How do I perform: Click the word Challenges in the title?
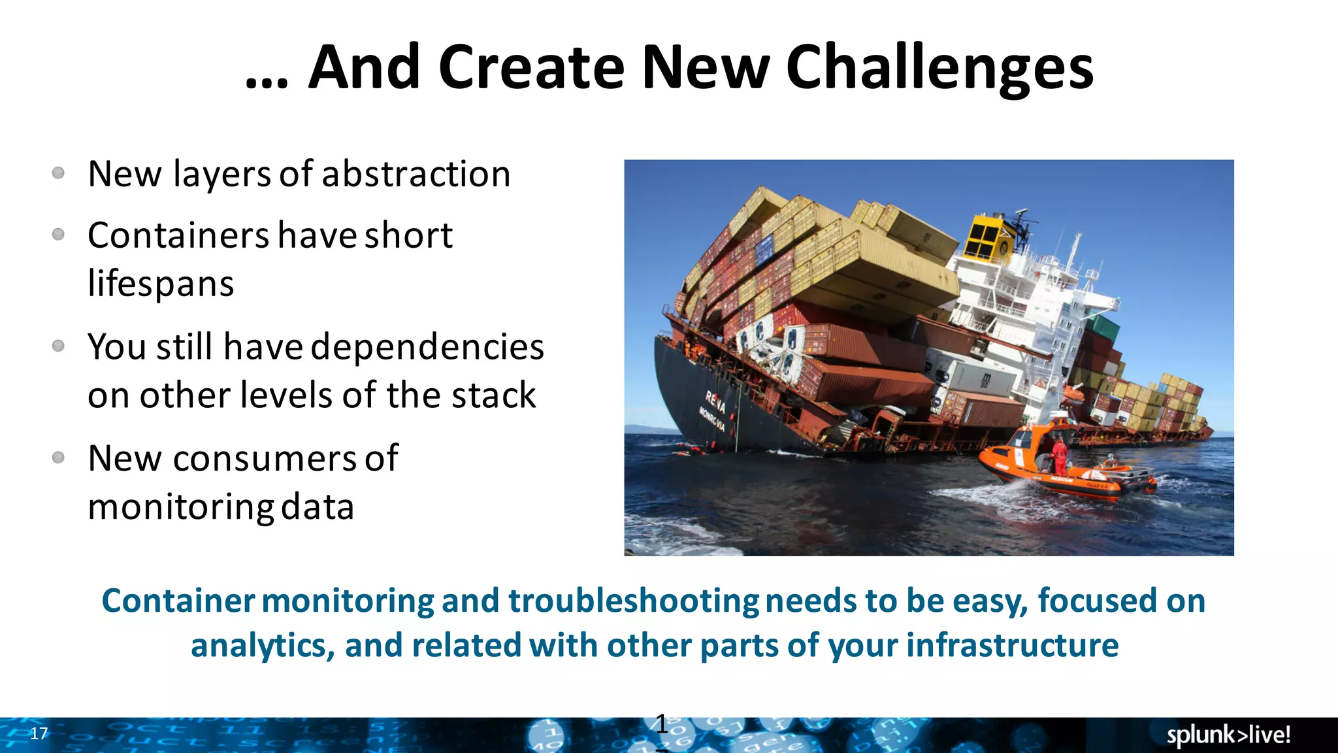[939, 68]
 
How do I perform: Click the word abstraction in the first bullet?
[416, 175]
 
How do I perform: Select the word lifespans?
[161, 284]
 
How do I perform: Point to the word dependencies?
[427, 347]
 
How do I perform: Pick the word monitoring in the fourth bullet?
[181, 508]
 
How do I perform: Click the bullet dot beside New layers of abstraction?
[58, 173]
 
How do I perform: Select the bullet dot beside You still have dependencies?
[58, 346]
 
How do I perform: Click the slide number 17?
[39, 733]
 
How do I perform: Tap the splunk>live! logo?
[1228, 735]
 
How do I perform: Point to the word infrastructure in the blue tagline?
[1012, 646]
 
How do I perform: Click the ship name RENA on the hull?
[715, 401]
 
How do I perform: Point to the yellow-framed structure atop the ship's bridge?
[988, 239]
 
